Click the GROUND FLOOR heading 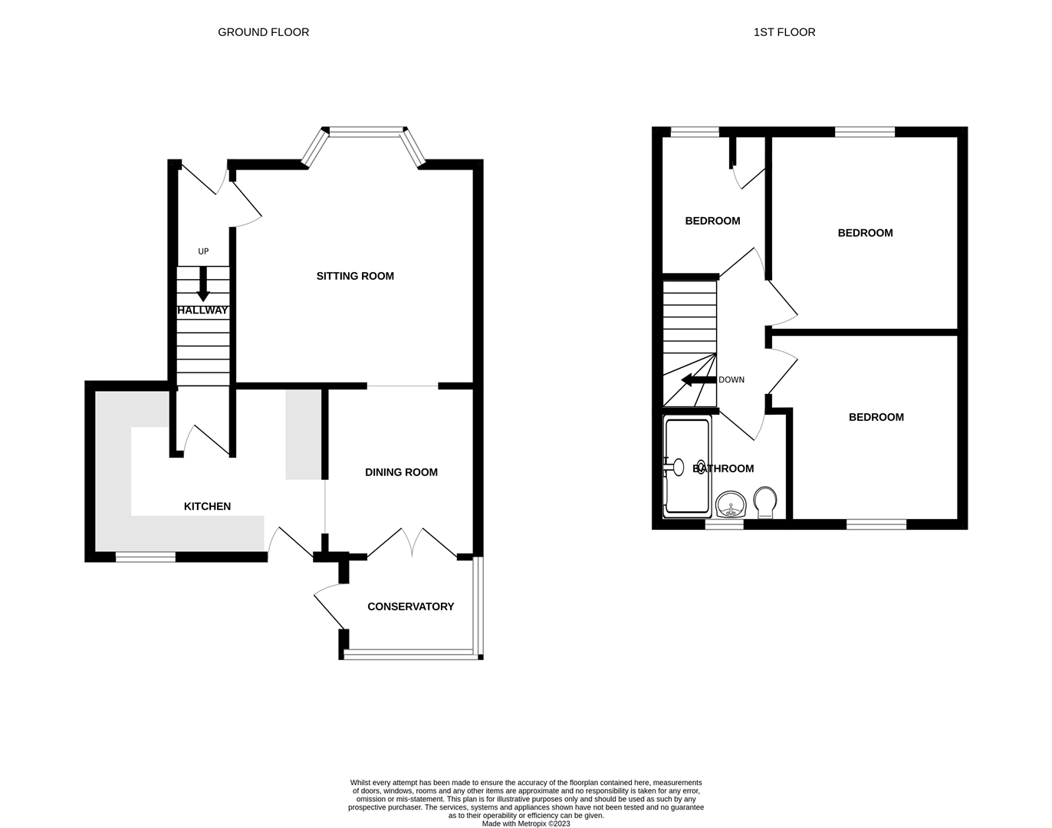(x=263, y=32)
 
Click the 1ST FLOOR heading (x=784, y=32)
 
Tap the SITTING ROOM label (x=355, y=276)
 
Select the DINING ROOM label (x=401, y=472)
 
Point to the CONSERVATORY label (x=410, y=606)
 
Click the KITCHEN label (x=207, y=506)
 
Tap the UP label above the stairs (x=203, y=251)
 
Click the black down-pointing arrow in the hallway (x=203, y=284)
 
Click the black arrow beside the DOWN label (x=698, y=380)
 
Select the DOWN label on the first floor (x=731, y=380)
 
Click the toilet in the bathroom (x=764, y=502)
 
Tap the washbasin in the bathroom (x=731, y=505)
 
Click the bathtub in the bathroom (x=687, y=466)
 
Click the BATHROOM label (x=723, y=468)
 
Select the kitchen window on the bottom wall (x=145, y=557)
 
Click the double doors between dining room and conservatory (x=413, y=543)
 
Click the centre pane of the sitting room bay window (x=365, y=132)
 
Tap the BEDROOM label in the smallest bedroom (x=712, y=221)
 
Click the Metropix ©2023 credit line (x=526, y=823)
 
